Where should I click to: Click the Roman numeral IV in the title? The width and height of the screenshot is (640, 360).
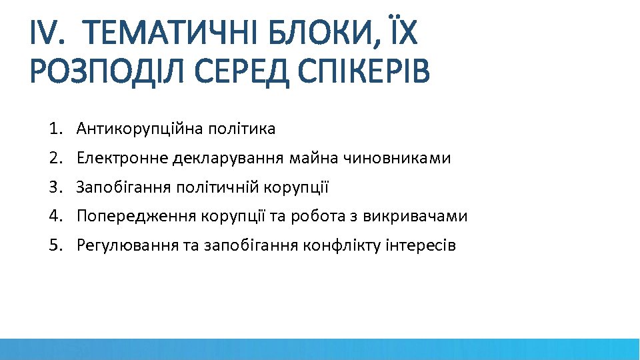pyautogui.click(x=47, y=33)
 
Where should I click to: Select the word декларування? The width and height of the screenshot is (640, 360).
pyautogui.click(x=229, y=159)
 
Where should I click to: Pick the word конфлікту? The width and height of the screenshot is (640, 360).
pyautogui.click(x=342, y=246)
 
